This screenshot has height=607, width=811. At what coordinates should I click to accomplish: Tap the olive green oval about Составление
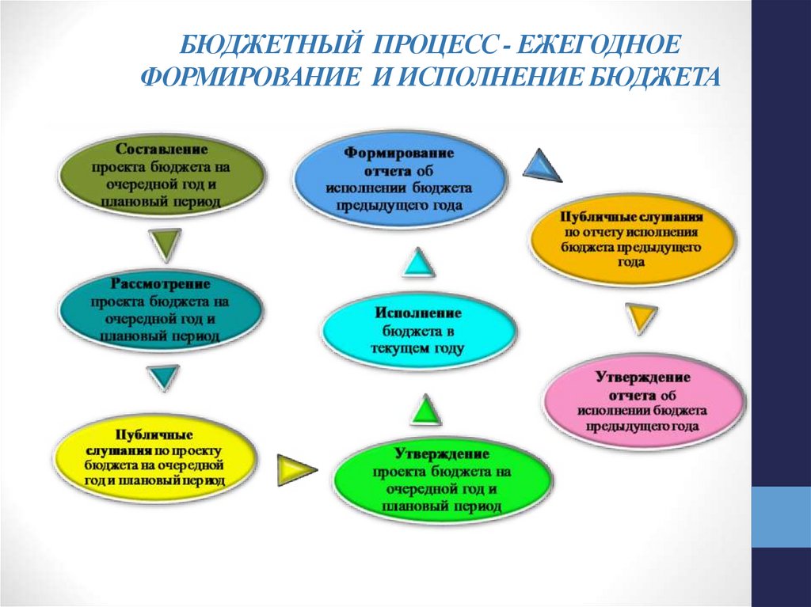coord(162,175)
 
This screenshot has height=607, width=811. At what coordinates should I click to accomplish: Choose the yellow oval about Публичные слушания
coord(155,458)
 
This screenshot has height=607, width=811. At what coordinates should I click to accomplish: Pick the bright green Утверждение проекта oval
coord(442,480)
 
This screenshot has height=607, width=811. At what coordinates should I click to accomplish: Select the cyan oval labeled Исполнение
coord(419,331)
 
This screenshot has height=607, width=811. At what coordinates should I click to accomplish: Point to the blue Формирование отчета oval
coord(399,178)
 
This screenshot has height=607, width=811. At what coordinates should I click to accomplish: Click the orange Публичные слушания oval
coord(631,239)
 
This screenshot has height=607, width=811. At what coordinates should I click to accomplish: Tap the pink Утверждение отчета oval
coord(644,402)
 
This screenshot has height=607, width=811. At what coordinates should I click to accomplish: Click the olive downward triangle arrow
coord(165,243)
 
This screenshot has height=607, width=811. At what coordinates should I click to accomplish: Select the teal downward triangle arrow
coord(163,377)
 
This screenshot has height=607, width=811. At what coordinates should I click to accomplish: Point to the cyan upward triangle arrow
coord(418,262)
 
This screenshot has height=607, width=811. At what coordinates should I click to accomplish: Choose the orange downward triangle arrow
coord(642,317)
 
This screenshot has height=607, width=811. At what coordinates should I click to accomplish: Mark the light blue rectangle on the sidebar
coord(781,517)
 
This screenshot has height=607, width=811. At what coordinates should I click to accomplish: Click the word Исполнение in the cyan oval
coord(418,313)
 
